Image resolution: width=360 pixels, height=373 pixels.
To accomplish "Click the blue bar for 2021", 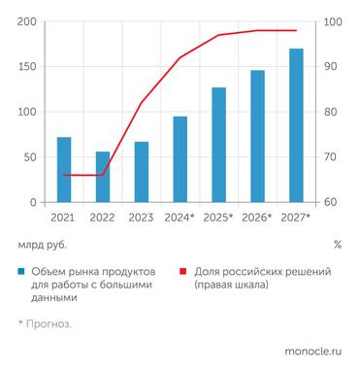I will point(64,170).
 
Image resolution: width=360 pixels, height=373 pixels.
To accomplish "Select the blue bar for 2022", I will point(102,177).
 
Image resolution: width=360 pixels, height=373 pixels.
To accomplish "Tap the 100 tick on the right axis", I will point(332,21).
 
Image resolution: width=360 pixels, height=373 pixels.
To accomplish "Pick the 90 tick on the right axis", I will point(330,67).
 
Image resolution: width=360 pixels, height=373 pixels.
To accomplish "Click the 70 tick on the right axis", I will point(330,157).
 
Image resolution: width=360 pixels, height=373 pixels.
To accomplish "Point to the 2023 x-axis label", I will point(142,219).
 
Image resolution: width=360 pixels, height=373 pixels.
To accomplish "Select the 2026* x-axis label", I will point(257,219).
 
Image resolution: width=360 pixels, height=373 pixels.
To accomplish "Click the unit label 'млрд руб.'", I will point(40,245).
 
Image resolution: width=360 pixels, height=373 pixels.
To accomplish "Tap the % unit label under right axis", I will point(337,245).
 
